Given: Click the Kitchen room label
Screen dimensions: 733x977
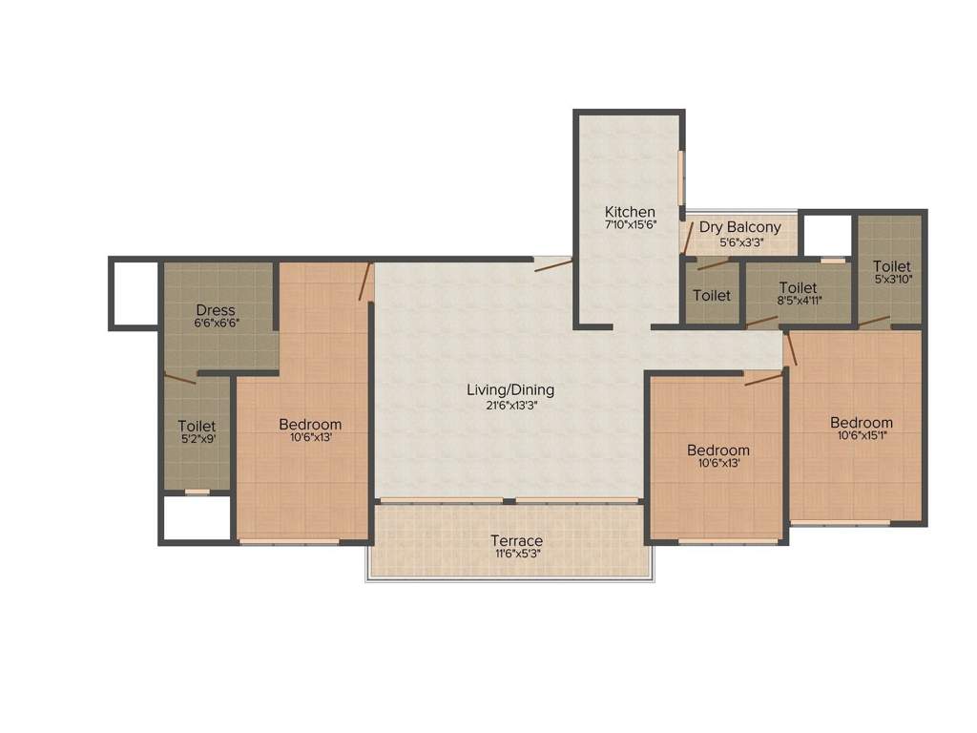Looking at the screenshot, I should tap(630, 212).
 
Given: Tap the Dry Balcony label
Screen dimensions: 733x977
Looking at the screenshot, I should tap(739, 227).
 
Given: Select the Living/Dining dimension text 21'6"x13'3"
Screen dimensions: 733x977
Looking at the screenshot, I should tap(510, 405).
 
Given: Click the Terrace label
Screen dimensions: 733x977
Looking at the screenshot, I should tap(516, 540).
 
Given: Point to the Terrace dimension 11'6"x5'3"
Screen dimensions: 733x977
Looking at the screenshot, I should tap(516, 555).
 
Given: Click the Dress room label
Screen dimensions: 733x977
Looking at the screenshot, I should tap(216, 310).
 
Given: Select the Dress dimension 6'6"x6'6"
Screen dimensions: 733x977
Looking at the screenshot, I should tap(216, 324).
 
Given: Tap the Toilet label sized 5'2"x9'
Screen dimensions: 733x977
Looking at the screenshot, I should tap(197, 426).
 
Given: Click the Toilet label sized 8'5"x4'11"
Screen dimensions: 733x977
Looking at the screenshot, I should tap(798, 287).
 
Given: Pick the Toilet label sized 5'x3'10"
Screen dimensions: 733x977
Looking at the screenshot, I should tap(891, 266).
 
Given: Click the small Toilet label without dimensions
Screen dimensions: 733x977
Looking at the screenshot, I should tap(712, 296).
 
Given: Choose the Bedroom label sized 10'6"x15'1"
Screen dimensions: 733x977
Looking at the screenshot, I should tap(861, 423).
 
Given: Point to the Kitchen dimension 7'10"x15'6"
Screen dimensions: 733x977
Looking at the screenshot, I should tap(630, 226).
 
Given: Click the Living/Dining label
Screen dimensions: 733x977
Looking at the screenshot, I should tap(510, 389).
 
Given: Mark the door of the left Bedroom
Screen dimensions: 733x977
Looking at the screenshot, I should tap(364, 283).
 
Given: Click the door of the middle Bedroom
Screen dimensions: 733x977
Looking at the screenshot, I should tap(763, 379).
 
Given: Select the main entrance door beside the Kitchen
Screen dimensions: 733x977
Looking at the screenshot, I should tap(552, 264).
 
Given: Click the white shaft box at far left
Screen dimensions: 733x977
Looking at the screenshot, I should tap(133, 293).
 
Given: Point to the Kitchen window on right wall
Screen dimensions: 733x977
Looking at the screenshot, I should tap(681, 177).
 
